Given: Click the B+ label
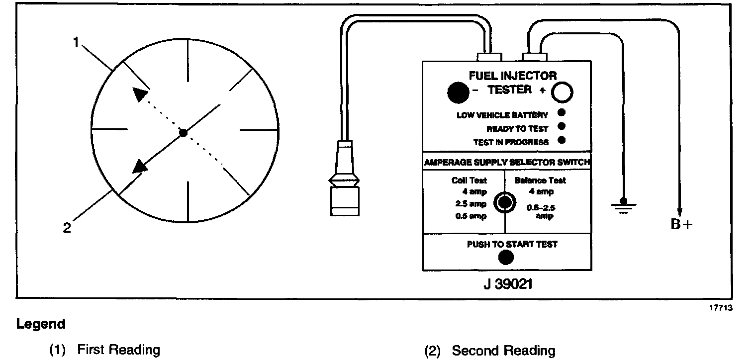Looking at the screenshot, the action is (681, 224).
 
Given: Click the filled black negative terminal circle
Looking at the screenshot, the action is (458, 91).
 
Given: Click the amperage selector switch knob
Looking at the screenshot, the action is (505, 202).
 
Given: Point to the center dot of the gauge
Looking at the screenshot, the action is (184, 132).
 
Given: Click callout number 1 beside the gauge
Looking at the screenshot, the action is (76, 43).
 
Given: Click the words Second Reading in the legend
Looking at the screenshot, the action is (503, 351).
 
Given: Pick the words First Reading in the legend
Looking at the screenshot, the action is (118, 350).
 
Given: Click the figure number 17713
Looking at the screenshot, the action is (721, 308).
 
